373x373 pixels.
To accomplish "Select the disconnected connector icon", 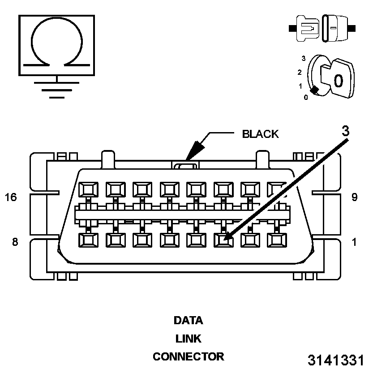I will [x=322, y=28].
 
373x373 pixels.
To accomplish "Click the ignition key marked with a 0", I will [x=338, y=79].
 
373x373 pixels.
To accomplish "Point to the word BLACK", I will [x=260, y=134].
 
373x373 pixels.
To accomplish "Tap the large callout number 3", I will [x=345, y=131].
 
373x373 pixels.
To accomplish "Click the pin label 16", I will [x=11, y=197].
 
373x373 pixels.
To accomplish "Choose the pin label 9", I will [x=354, y=197].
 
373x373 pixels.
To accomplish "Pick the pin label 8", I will [x=14, y=242].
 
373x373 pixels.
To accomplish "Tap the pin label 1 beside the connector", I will [x=354, y=242].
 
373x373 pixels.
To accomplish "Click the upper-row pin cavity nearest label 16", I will [x=87, y=190].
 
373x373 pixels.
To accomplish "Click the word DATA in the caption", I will [x=188, y=321].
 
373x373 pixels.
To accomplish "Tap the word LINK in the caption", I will [x=188, y=339].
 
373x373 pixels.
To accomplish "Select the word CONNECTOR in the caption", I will [x=188, y=357].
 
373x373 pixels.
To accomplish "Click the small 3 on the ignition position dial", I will [x=303, y=58].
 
